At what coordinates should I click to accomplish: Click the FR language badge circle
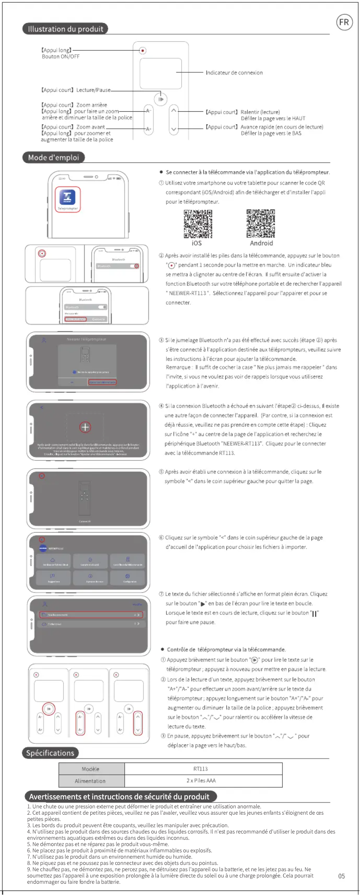point(344,22)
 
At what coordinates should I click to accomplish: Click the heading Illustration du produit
point(66,29)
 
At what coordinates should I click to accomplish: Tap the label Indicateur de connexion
point(234,73)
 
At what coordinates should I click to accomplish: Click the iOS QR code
point(198,224)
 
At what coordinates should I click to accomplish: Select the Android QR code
point(261,223)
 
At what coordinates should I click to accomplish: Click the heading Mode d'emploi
point(53,158)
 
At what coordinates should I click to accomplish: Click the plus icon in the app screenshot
point(85,427)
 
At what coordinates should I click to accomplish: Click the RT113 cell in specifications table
point(201,769)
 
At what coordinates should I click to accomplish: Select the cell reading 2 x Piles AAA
point(201,781)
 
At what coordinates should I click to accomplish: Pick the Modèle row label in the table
point(91,769)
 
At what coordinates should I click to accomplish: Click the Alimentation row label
point(90,781)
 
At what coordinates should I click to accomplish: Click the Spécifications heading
point(50,753)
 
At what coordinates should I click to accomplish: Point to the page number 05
point(342,876)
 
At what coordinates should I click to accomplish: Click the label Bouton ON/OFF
point(61,57)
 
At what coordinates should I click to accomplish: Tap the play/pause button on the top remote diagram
point(160,99)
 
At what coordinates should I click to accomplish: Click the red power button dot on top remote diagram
point(143,50)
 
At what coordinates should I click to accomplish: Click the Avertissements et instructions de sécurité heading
point(119,797)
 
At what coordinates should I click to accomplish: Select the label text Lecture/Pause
point(93,90)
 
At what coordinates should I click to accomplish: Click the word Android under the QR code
point(261,243)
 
